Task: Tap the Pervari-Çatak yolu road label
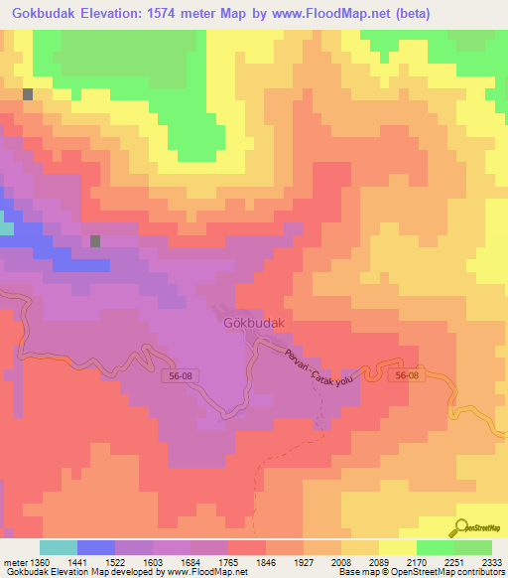[318, 367]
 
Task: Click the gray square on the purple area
[95, 241]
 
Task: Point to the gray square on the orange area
[28, 94]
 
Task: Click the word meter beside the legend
[14, 561]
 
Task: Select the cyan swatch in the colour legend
[59, 547]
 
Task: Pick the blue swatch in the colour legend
[96, 547]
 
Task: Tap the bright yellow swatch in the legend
[398, 547]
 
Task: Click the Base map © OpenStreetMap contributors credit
[421, 573]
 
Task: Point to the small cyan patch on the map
[6, 228]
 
